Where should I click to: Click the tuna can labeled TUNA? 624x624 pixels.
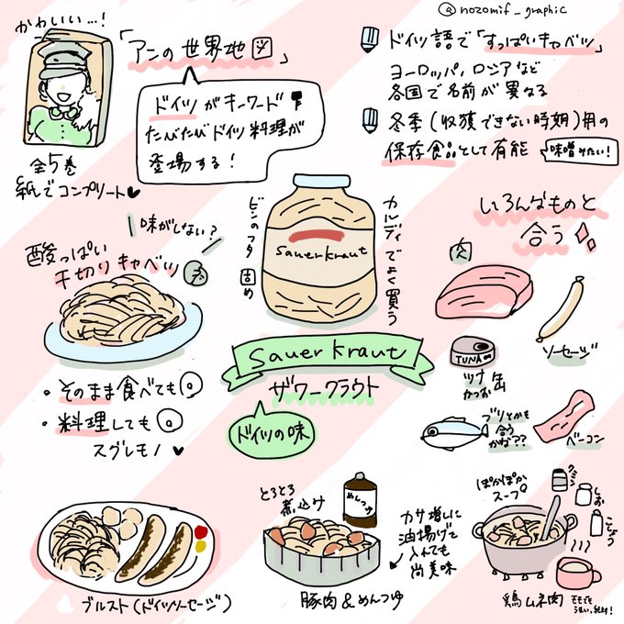471,354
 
